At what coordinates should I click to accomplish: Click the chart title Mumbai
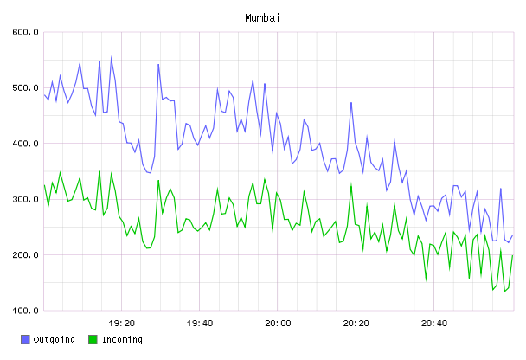[262, 18]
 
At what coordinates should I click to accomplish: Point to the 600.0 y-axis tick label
[25, 32]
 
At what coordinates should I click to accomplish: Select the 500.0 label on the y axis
[25, 88]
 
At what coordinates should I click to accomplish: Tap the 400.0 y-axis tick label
[25, 144]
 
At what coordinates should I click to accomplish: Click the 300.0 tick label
[25, 199]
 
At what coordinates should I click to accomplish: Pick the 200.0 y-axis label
[25, 255]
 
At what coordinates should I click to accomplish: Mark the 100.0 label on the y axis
[25, 311]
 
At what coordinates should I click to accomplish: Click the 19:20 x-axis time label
[121, 324]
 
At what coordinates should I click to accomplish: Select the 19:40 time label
[200, 324]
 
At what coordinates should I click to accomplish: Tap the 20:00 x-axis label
[278, 324]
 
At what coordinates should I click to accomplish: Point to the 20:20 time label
[356, 324]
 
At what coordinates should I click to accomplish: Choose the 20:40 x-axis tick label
[434, 324]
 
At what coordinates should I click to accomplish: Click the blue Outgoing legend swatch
[25, 339]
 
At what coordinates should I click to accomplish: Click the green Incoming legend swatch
[93, 339]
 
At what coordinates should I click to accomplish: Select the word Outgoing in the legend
[54, 339]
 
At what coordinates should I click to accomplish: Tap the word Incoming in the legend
[122, 339]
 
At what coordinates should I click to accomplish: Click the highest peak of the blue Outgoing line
[111, 58]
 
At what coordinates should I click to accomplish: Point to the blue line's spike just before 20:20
[351, 103]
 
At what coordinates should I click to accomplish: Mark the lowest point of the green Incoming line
[504, 292]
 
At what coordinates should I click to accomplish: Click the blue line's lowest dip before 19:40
[151, 173]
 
